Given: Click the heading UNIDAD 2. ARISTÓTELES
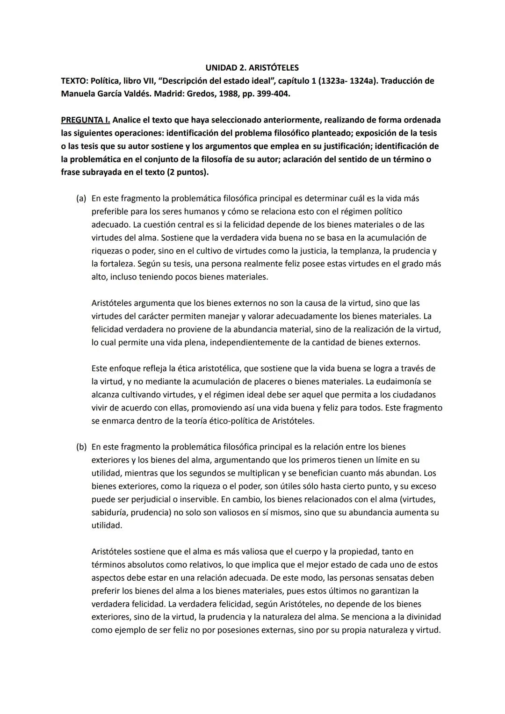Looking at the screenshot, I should pyautogui.click(x=252, y=68).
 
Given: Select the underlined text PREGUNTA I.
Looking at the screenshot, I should pyautogui.click(x=86, y=120).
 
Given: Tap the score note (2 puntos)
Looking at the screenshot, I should pyautogui.click(x=187, y=172).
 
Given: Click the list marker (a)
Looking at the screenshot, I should pyautogui.click(x=81, y=199).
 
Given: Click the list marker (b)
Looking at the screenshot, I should pyautogui.click(x=81, y=447).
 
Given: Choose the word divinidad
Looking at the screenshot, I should pyautogui.click(x=421, y=617).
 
